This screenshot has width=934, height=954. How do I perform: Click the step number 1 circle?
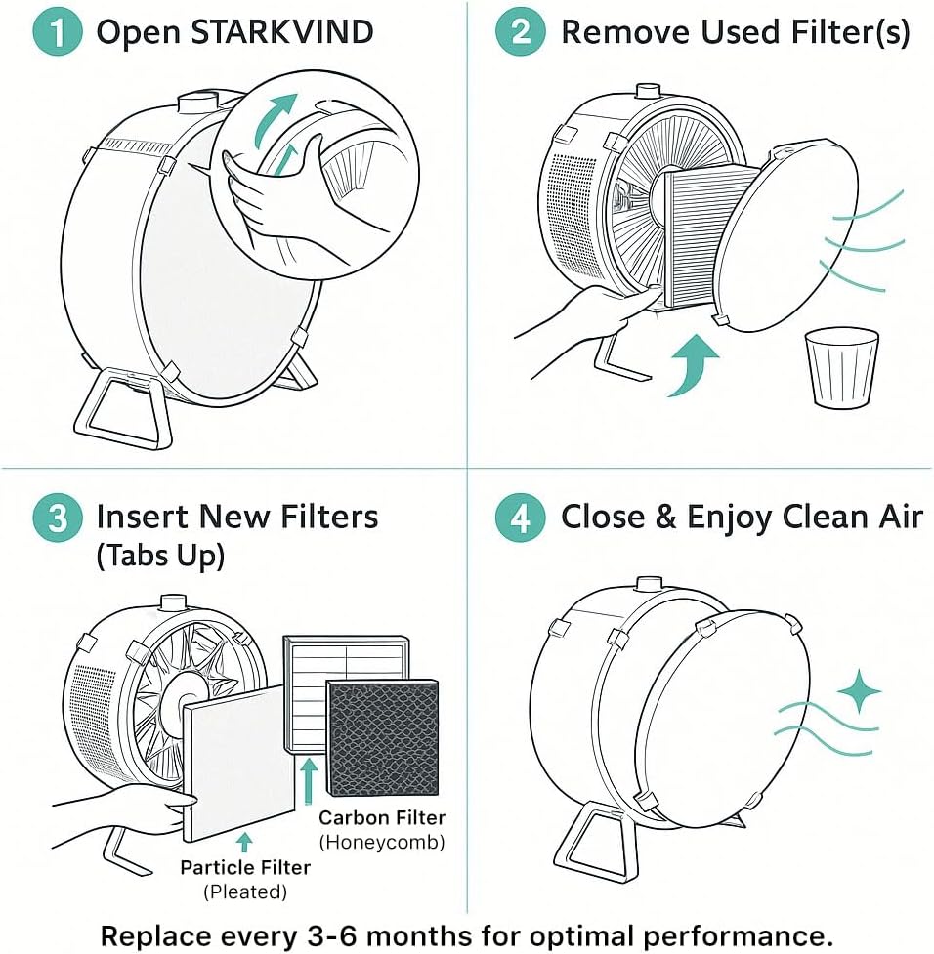(x=57, y=33)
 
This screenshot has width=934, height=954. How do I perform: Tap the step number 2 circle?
(x=520, y=33)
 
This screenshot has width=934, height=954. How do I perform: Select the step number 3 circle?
(x=57, y=517)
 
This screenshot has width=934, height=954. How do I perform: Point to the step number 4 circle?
(x=520, y=518)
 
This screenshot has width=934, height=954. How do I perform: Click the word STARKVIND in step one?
(x=283, y=33)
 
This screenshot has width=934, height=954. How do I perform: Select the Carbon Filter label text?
(x=382, y=818)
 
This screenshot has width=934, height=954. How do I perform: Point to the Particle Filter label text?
(x=245, y=867)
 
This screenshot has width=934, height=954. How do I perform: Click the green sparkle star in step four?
(x=859, y=694)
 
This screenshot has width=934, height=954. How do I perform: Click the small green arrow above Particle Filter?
(x=244, y=842)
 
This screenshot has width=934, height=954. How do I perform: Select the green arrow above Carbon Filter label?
(x=310, y=781)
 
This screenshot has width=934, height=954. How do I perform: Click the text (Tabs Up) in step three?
(x=160, y=557)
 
